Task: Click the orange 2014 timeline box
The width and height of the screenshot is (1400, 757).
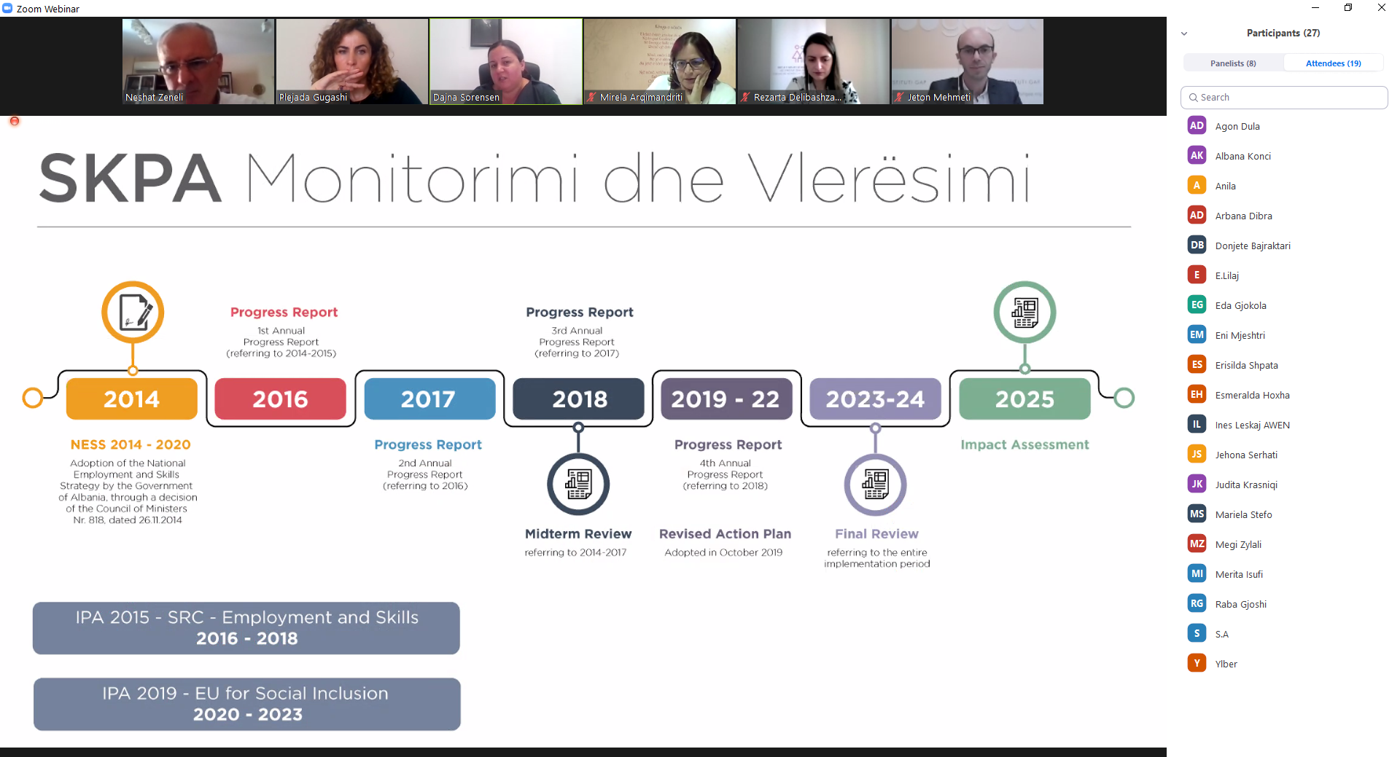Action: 132,399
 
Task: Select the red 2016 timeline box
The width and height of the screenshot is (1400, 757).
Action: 281,399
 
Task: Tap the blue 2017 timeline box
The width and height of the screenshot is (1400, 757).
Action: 429,399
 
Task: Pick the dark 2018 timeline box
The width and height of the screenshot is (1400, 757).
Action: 579,399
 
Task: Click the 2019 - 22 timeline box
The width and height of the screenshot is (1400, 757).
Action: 726,399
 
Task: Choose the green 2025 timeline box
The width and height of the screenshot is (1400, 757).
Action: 1024,399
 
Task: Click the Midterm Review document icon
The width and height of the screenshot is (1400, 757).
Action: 578,485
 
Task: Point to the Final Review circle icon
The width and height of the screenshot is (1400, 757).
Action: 876,485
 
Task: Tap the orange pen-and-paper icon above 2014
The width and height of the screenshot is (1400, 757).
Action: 133,312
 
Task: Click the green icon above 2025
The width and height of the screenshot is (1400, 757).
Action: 1024,312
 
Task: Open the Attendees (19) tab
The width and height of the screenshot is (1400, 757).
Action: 1333,63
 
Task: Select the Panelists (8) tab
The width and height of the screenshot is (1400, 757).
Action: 1233,63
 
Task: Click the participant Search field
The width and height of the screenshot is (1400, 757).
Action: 1284,98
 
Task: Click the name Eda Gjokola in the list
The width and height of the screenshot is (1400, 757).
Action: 1240,306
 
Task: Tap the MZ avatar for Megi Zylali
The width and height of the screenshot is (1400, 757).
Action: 1197,544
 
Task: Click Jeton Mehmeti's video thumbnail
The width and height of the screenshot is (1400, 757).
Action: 967,61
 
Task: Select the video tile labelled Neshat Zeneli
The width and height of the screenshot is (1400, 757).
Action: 198,61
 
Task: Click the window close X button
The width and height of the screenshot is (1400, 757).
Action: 1381,8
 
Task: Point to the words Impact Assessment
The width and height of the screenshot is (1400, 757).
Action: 1024,444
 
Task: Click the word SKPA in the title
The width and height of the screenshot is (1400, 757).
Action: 130,179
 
